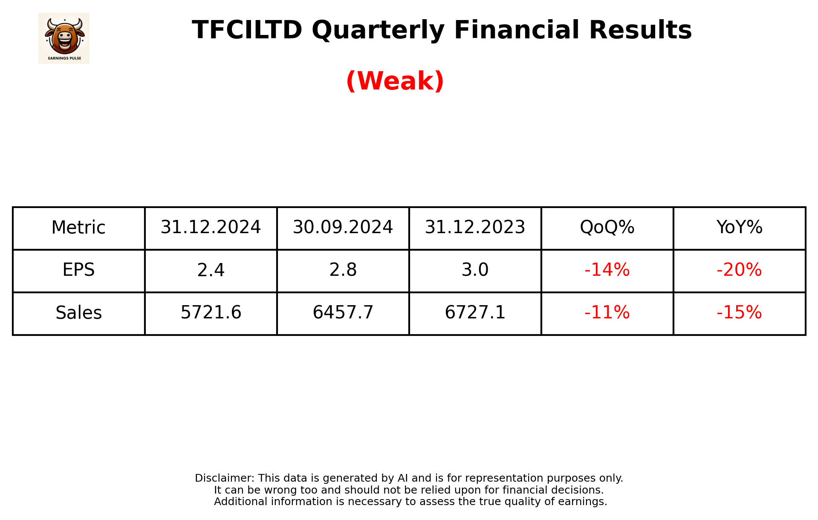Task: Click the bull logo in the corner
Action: [x=64, y=38]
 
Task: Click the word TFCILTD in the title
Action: [x=247, y=30]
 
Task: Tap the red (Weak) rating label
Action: [x=395, y=81]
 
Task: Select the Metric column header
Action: [x=78, y=228]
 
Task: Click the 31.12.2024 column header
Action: [x=211, y=228]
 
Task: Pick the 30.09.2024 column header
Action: [x=343, y=228]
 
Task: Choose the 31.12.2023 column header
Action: [x=475, y=228]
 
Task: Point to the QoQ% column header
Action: [x=607, y=228]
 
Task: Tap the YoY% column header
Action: [x=739, y=228]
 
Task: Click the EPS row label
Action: [x=78, y=270]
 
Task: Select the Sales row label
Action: [x=78, y=313]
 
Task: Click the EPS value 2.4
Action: [x=211, y=270]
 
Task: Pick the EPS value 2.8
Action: [x=343, y=270]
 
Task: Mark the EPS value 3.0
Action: [x=475, y=270]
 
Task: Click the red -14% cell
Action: [x=607, y=270]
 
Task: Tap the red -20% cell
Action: [x=739, y=270]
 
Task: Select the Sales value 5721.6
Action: [x=211, y=313]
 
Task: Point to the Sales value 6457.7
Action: [x=343, y=313]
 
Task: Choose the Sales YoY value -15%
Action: [x=739, y=313]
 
